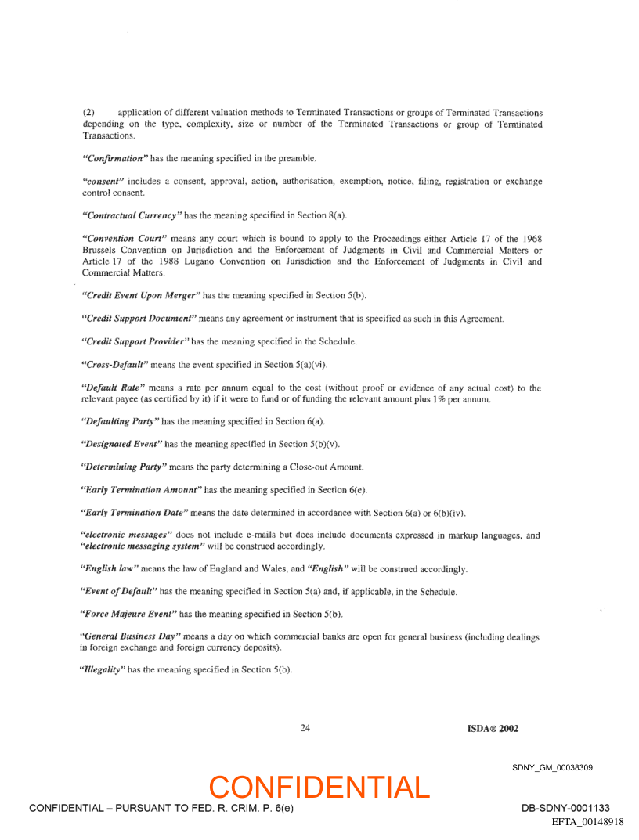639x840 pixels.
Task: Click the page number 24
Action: click(305, 728)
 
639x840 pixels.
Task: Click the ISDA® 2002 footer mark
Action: click(487, 728)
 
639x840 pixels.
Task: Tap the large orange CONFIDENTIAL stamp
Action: click(319, 787)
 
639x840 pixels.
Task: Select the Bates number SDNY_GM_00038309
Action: click(552, 767)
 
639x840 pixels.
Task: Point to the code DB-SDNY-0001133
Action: click(565, 808)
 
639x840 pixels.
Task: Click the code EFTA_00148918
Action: click(587, 822)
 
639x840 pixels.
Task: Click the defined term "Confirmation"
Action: click(114, 158)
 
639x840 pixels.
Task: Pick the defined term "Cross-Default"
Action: click(113, 364)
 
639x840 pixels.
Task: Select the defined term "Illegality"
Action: click(103, 670)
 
